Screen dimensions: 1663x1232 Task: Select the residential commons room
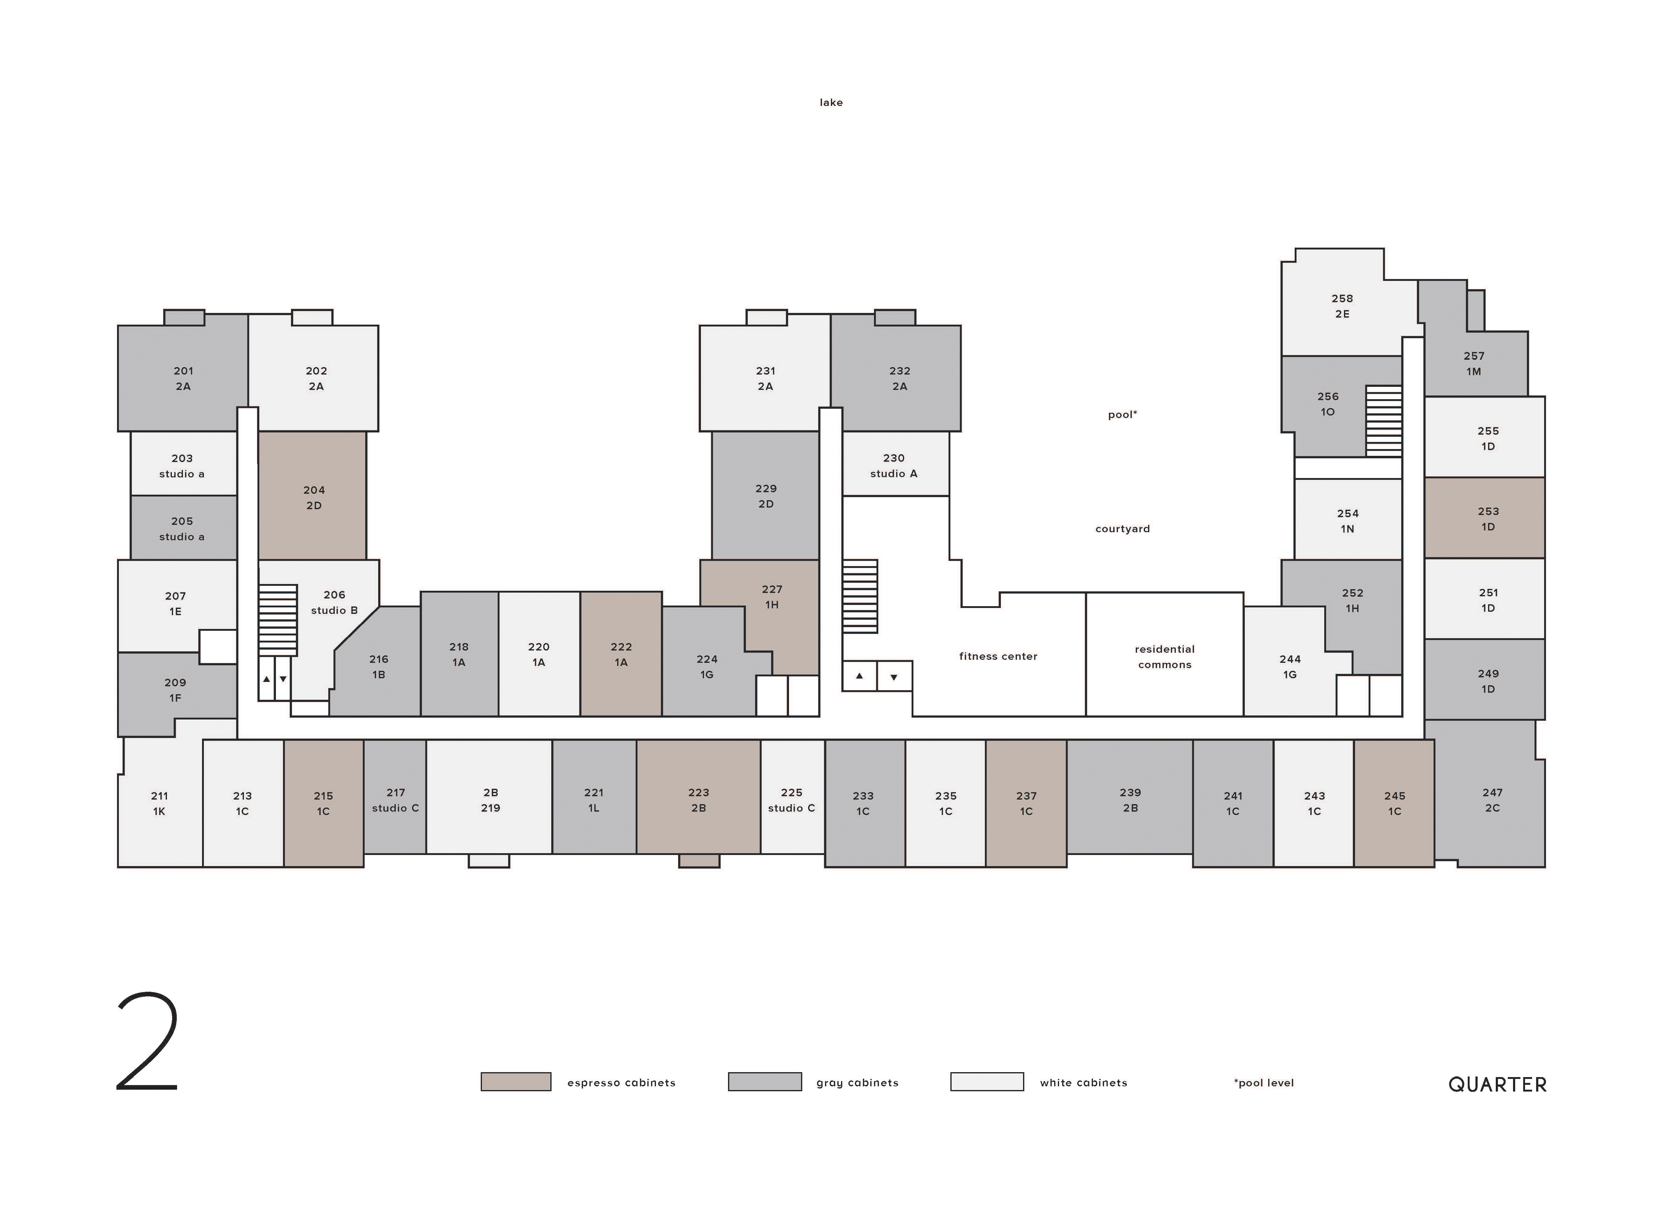click(1164, 654)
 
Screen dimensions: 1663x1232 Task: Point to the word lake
click(831, 102)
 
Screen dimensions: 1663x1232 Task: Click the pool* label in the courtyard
click(1122, 415)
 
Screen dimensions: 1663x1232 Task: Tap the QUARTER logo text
click(1497, 1084)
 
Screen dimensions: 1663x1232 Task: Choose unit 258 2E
click(1342, 306)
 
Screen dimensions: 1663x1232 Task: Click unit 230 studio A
click(895, 464)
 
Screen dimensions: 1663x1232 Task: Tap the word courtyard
click(1122, 529)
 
